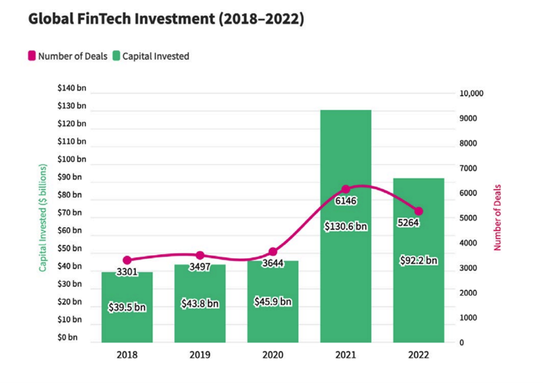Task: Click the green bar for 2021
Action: (x=346, y=226)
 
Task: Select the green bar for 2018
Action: (x=127, y=307)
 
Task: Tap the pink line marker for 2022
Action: (x=419, y=211)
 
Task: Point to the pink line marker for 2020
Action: (x=273, y=252)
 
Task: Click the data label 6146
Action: (x=346, y=201)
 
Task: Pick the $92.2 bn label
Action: (x=419, y=260)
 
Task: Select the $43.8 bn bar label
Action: (x=200, y=304)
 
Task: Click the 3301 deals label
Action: (x=127, y=272)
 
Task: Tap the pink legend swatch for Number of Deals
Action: (x=32, y=56)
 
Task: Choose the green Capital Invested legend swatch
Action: (x=116, y=56)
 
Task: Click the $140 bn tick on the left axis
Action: (x=72, y=88)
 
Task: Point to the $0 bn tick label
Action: (x=68, y=337)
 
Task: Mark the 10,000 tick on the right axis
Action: (x=471, y=94)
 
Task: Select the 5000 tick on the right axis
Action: (x=468, y=218)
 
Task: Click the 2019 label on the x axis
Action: (x=200, y=355)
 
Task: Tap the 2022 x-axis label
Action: (x=419, y=355)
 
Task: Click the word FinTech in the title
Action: (x=104, y=19)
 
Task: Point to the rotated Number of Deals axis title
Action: (x=497, y=217)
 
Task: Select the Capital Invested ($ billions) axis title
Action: (x=43, y=218)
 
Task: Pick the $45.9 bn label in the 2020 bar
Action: (x=273, y=302)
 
